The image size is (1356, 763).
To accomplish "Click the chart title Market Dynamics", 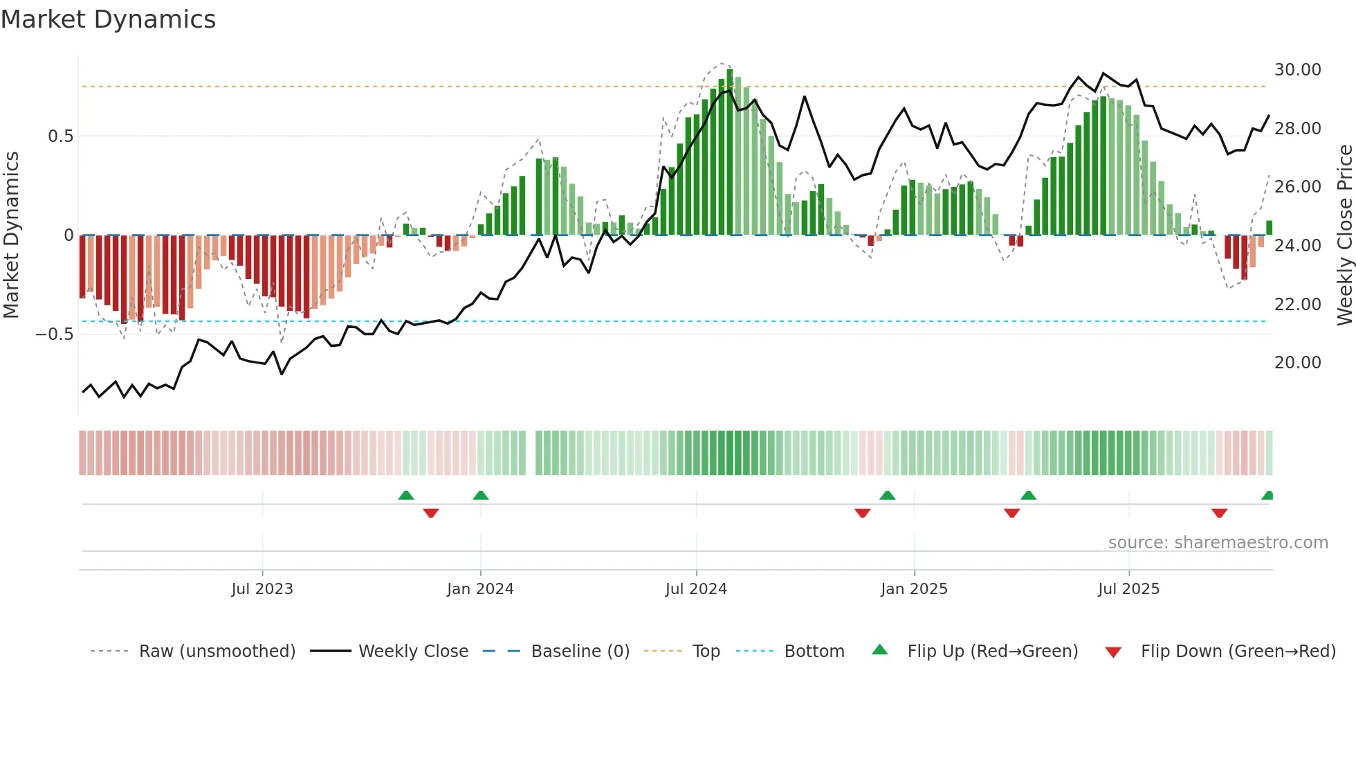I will (x=109, y=19).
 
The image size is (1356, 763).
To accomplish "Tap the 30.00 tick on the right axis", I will (x=1297, y=70).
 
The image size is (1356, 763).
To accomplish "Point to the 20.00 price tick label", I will (x=1297, y=363).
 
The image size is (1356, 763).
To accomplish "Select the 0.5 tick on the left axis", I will (x=60, y=136).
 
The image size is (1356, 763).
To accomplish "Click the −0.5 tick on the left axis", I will (x=55, y=334).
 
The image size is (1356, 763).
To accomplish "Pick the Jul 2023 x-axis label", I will (x=262, y=589).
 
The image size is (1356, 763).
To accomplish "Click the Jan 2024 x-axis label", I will (x=480, y=589).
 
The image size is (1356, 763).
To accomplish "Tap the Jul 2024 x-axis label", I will (x=696, y=589).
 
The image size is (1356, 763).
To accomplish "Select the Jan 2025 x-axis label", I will (x=914, y=589).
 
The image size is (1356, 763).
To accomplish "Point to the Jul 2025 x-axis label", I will (x=1128, y=589).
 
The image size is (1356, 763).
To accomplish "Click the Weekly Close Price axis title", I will (x=1344, y=235).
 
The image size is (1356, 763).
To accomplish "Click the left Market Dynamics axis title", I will (x=11, y=235).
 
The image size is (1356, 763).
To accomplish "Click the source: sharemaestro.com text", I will (x=1218, y=543).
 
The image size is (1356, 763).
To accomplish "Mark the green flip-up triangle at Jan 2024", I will (x=481, y=496).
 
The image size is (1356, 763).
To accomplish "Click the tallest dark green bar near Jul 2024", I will (x=730, y=152).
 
